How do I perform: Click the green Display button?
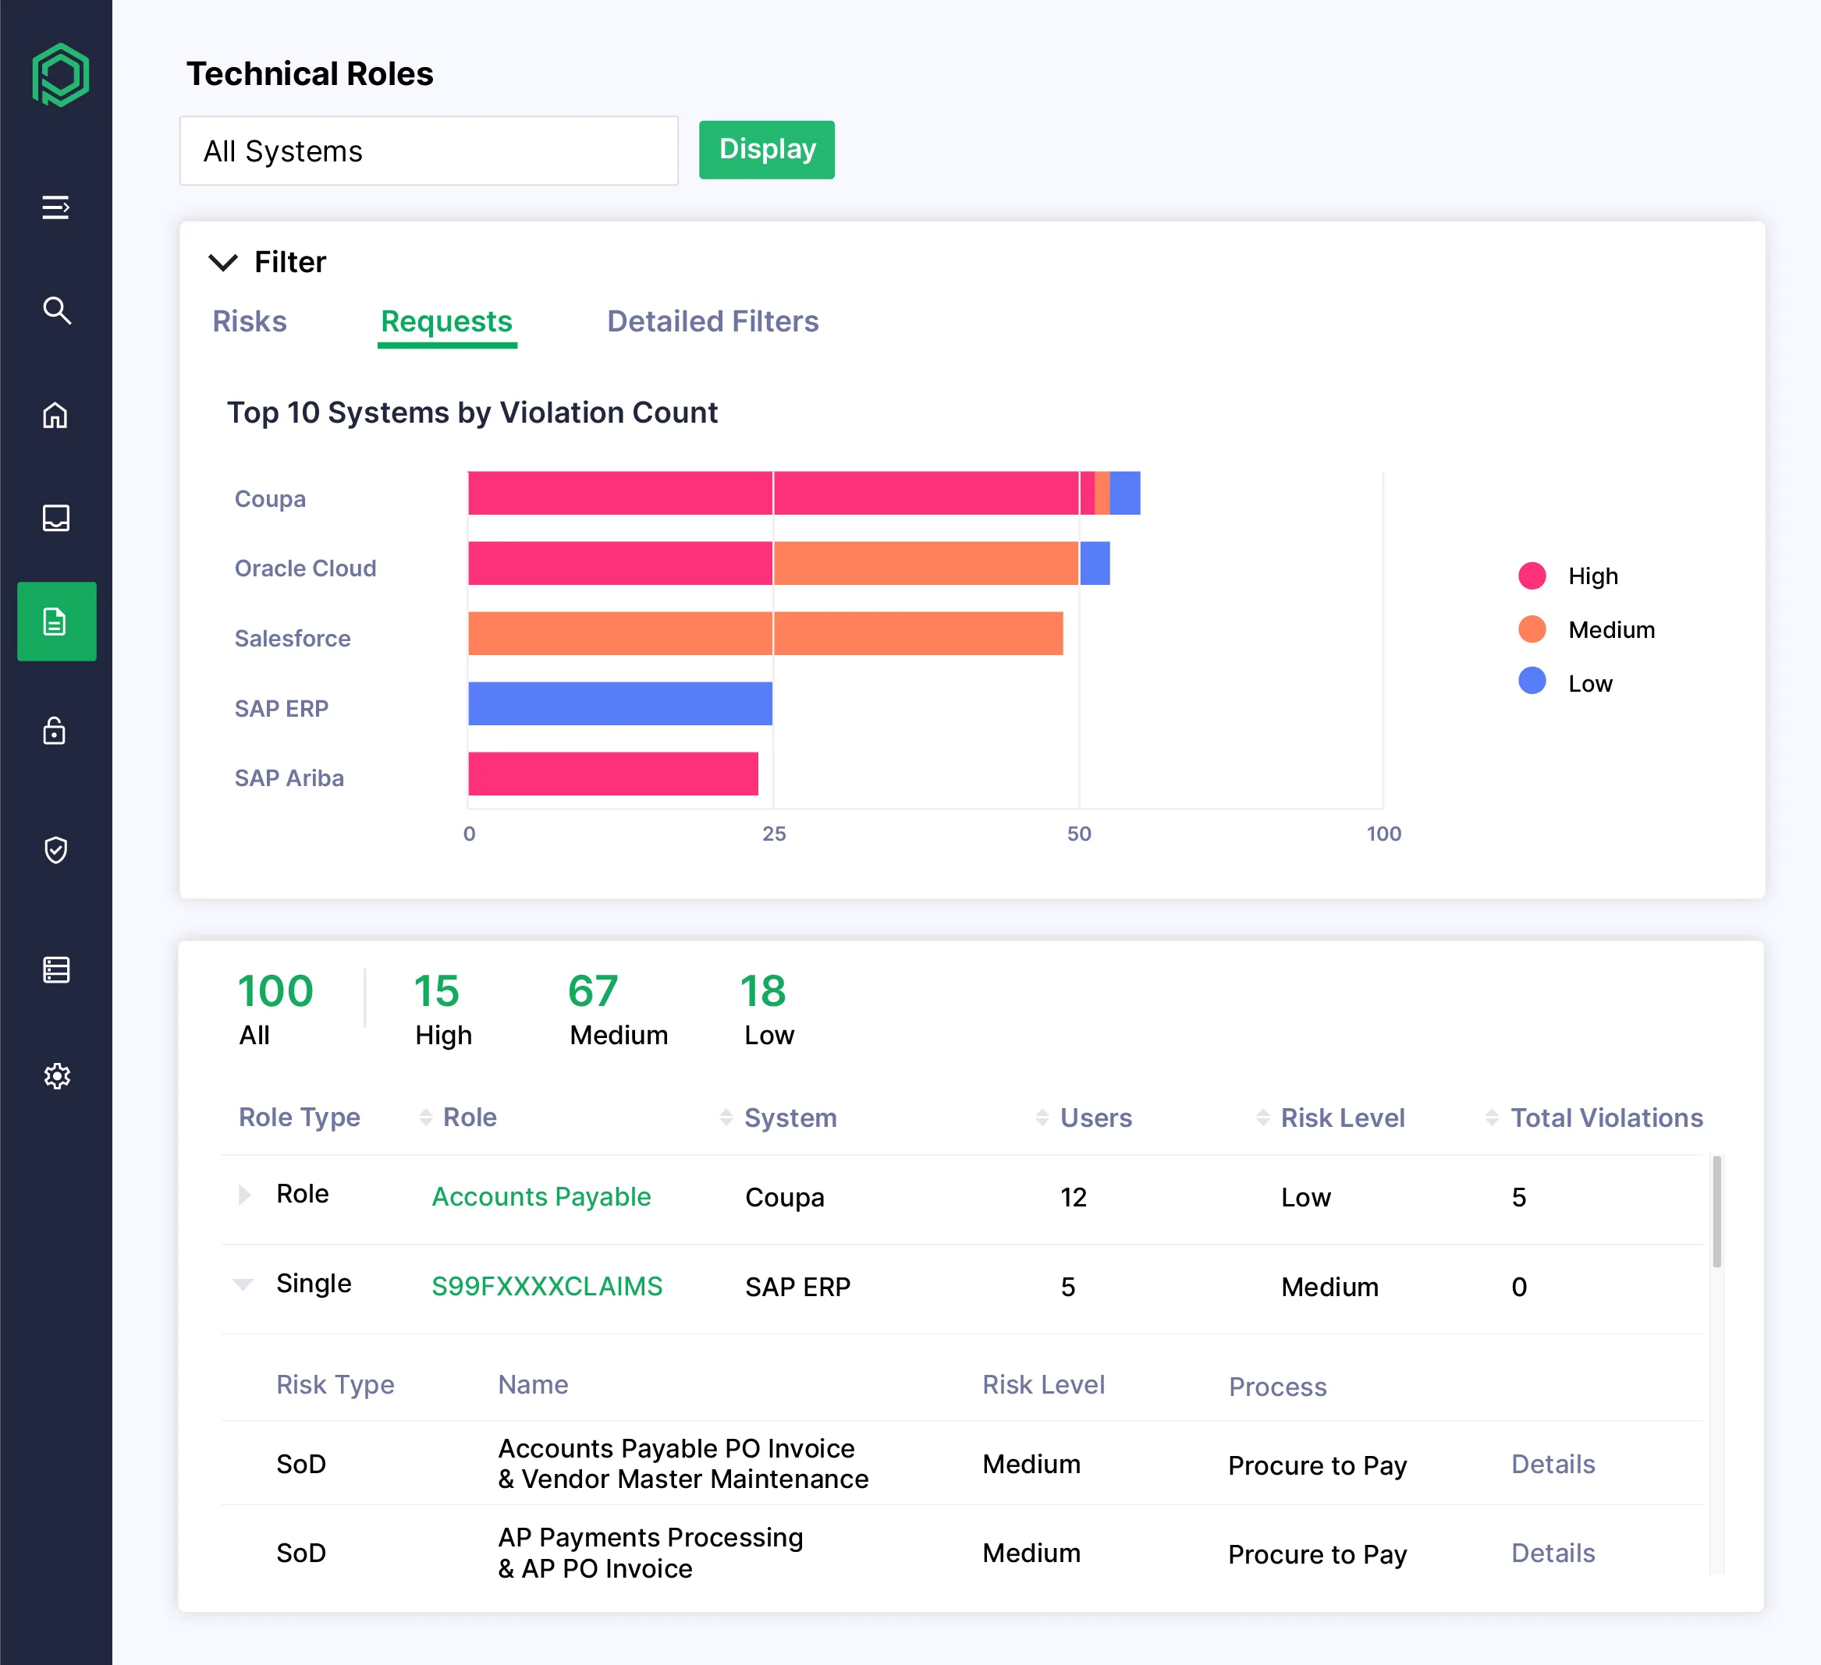click(x=766, y=150)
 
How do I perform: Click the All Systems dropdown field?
click(x=428, y=151)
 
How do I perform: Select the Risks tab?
click(x=250, y=321)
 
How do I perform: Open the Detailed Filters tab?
click(x=712, y=321)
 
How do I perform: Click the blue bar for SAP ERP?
click(x=619, y=703)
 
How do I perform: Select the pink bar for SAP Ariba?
click(x=612, y=774)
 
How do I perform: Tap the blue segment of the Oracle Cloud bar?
click(x=1095, y=563)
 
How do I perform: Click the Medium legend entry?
click(x=1610, y=629)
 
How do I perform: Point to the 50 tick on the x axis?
click(x=1078, y=834)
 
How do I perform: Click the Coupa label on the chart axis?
click(x=270, y=499)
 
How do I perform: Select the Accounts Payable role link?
click(x=541, y=1196)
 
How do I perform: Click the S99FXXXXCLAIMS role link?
click(x=546, y=1286)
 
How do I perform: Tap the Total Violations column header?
click(x=1606, y=1118)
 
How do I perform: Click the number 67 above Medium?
click(x=592, y=991)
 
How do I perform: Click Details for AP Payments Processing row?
click(x=1553, y=1553)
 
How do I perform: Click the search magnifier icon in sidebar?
click(x=56, y=310)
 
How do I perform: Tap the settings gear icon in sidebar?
click(x=56, y=1075)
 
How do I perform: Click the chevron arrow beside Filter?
click(x=223, y=263)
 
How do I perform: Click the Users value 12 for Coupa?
click(x=1073, y=1197)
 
